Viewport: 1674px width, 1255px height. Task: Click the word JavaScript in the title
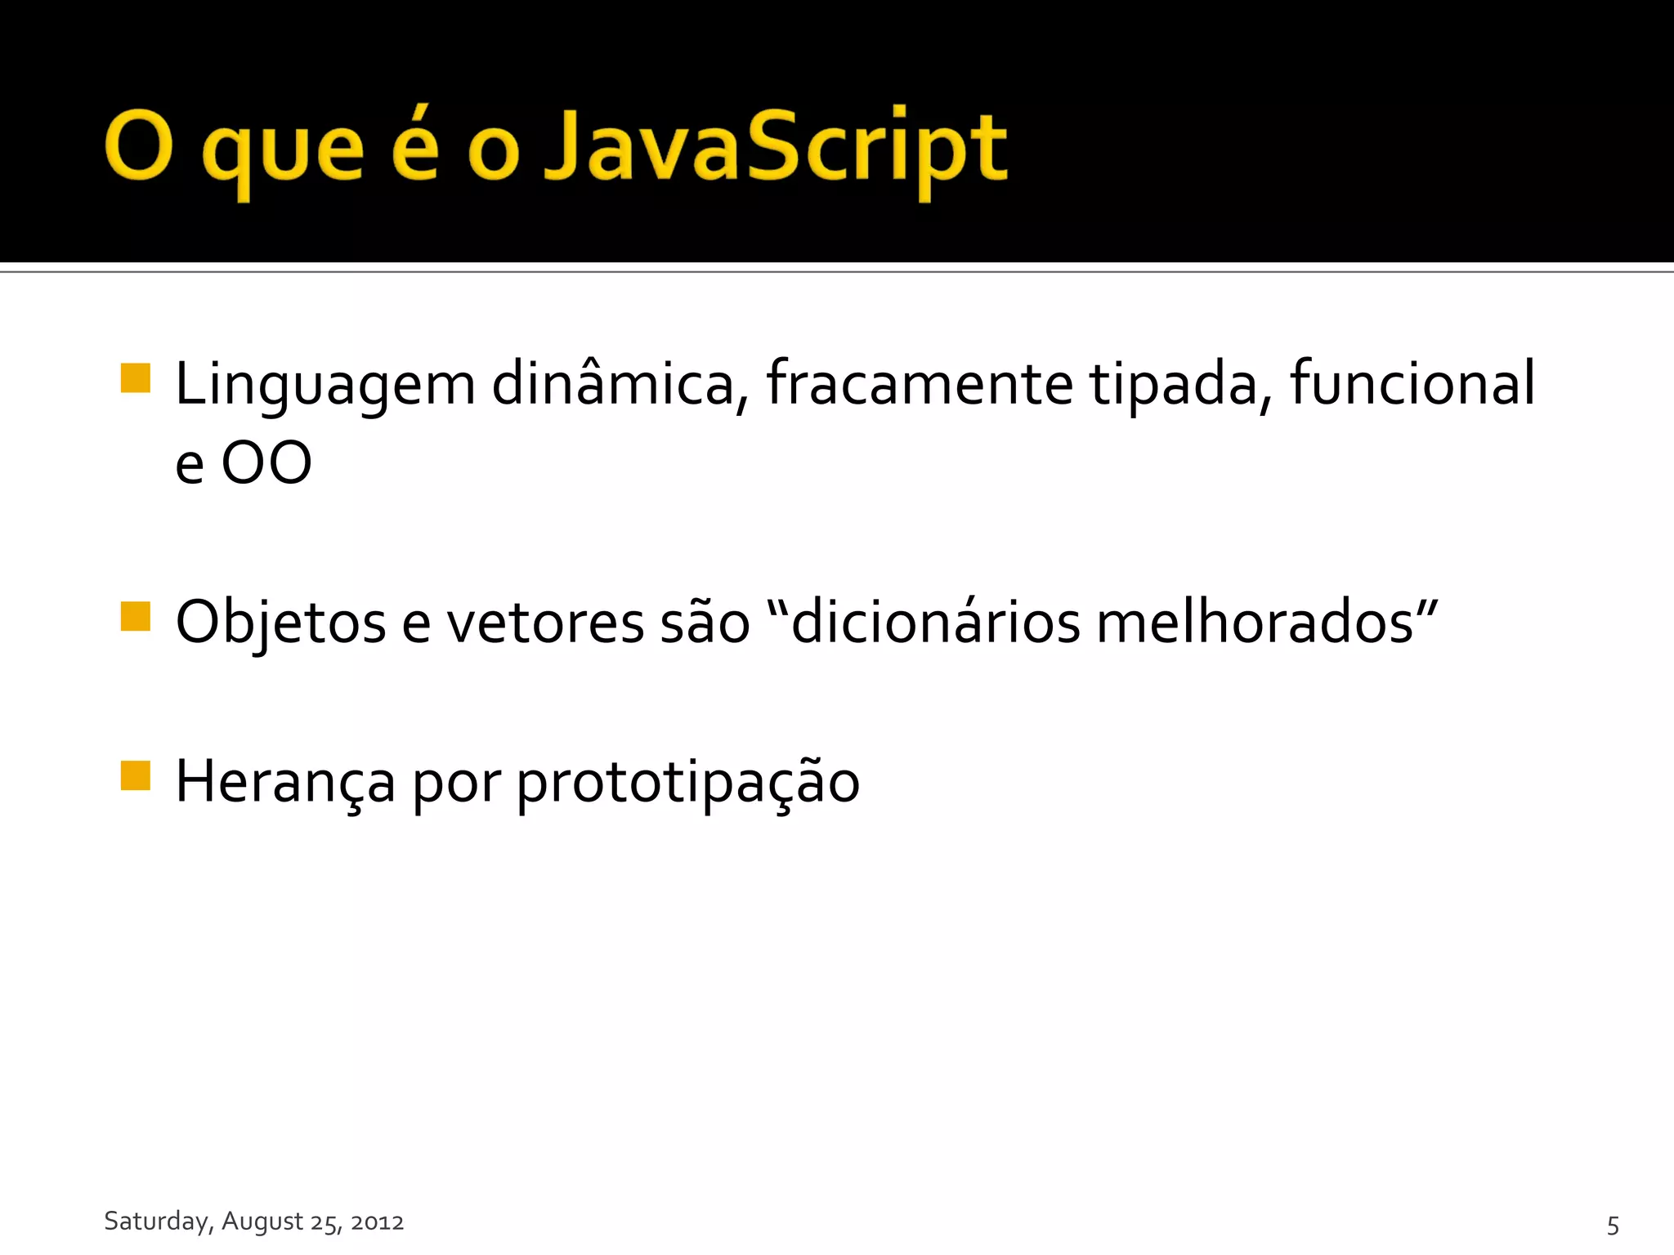pyautogui.click(x=775, y=147)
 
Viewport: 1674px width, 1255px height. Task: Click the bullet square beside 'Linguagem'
pyautogui.click(x=136, y=378)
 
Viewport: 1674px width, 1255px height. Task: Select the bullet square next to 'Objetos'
pyautogui.click(x=136, y=617)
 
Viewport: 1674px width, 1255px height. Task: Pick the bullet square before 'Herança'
pyautogui.click(x=136, y=775)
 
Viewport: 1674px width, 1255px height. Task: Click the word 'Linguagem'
pyautogui.click(x=325, y=384)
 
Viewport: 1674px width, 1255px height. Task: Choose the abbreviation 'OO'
pyautogui.click(x=266, y=463)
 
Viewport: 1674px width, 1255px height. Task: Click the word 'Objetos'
pyautogui.click(x=280, y=623)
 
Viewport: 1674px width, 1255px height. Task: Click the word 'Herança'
pyautogui.click(x=285, y=782)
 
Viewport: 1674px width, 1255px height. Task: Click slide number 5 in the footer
pyautogui.click(x=1613, y=1225)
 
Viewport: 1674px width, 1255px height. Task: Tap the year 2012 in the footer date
pyautogui.click(x=377, y=1222)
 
